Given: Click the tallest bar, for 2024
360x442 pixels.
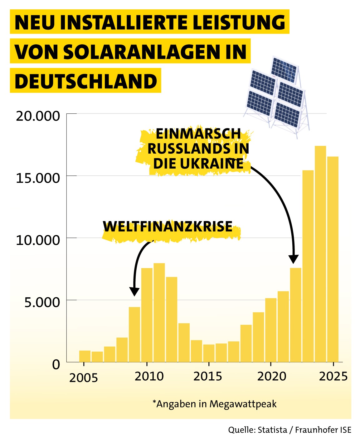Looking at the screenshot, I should (320, 254).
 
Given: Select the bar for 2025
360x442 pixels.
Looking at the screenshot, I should (333, 259).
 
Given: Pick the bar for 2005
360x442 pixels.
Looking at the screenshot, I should (85, 356).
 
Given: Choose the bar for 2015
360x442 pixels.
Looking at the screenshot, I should (209, 353).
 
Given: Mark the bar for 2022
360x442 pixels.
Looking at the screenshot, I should (295, 315).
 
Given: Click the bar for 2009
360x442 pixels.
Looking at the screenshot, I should (134, 334).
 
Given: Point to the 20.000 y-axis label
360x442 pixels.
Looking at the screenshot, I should (38, 116).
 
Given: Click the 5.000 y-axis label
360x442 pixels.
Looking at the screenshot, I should (42, 302).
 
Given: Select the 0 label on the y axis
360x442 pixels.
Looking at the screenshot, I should (56, 364).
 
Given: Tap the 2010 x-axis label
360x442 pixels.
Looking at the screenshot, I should (149, 377).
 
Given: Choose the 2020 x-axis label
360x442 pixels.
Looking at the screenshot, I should (271, 377).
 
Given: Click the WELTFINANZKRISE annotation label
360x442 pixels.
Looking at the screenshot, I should (168, 227).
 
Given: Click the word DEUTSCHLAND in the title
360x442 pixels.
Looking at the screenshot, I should (85, 81).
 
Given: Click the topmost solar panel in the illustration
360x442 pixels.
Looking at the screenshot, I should (284, 69).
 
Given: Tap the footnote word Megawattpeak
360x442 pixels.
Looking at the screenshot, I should (243, 404).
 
